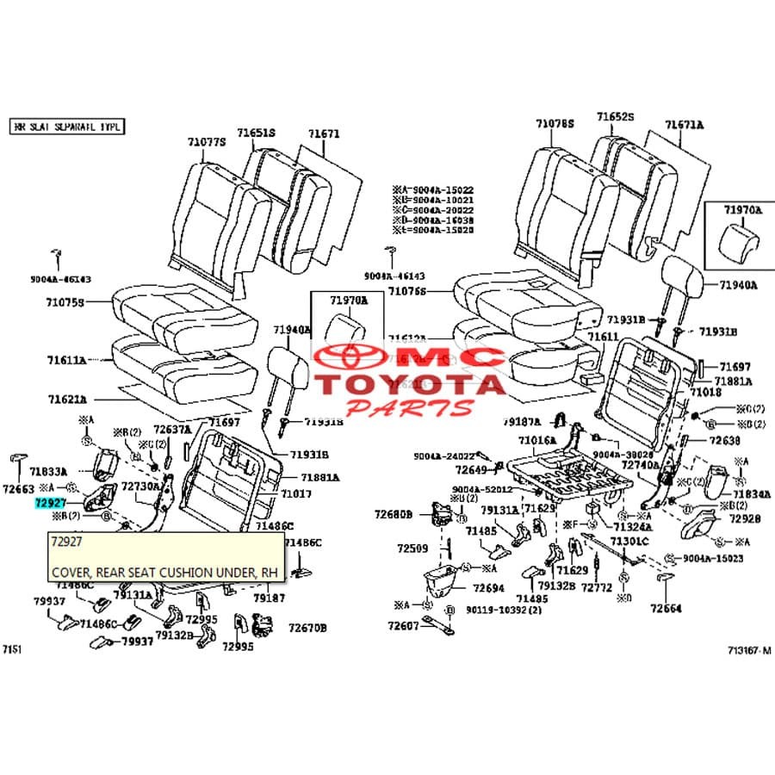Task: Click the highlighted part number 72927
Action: coord(49,501)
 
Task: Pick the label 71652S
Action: coord(616,116)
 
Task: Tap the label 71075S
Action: coord(65,303)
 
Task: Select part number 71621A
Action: coord(66,400)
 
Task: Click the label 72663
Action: coord(18,489)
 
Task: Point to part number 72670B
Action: coord(307,629)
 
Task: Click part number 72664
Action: coord(666,608)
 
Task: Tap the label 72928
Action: coord(745,518)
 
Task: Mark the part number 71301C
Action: coord(629,541)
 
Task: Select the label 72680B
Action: coord(394,515)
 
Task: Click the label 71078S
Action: coord(555,124)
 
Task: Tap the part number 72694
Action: coord(488,588)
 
